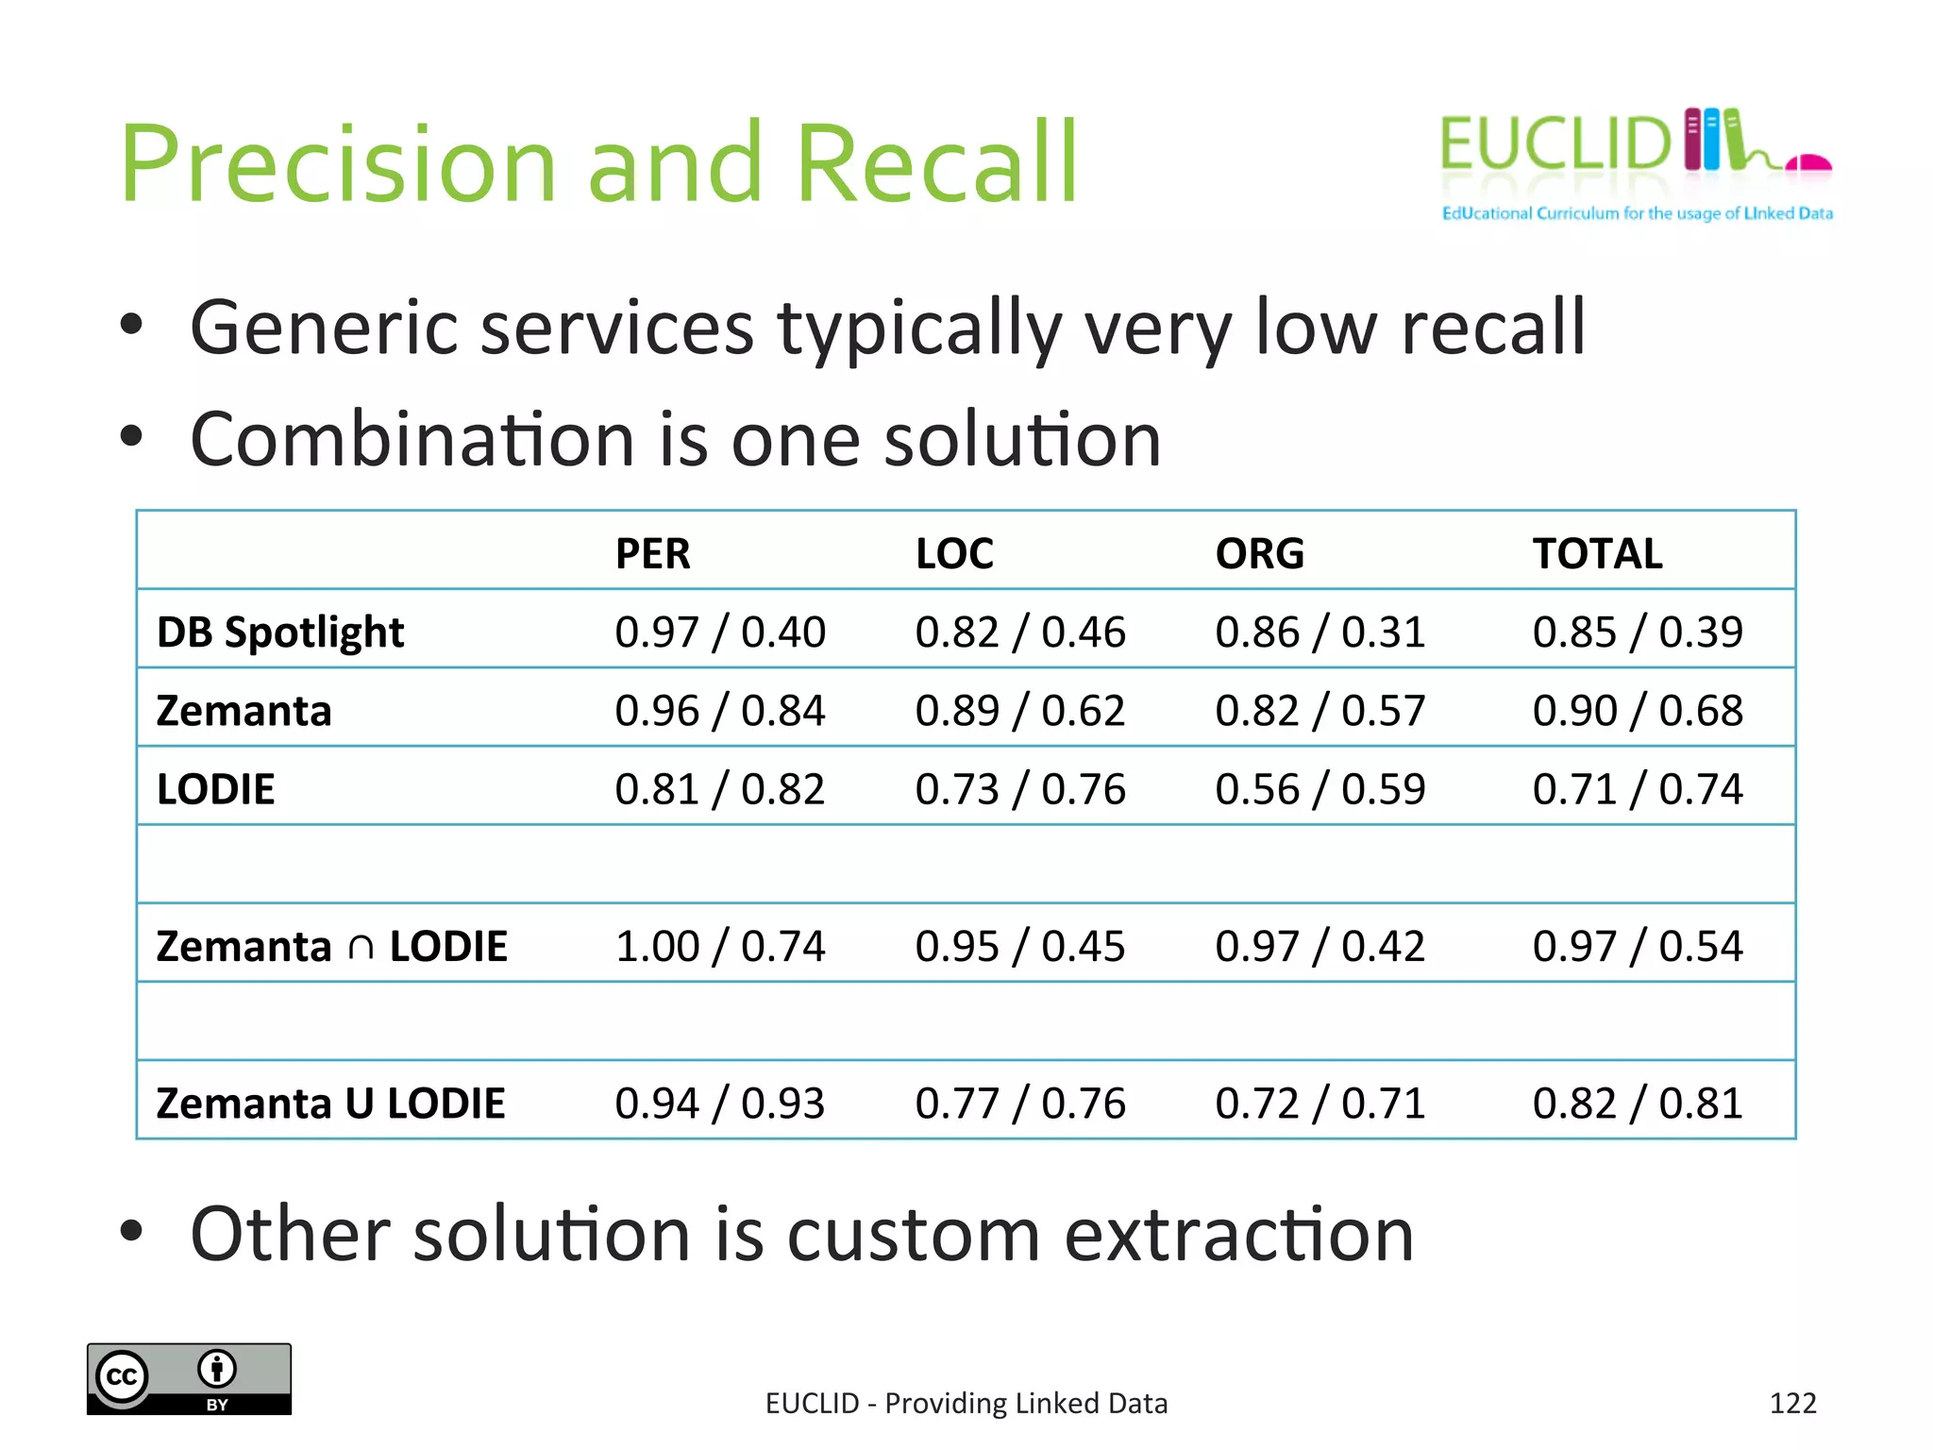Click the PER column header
[x=652, y=553]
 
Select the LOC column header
[x=954, y=553]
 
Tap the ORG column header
[x=1259, y=553]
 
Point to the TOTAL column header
[x=1597, y=553]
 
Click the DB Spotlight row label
[x=280, y=632]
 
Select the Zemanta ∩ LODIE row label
[x=331, y=946]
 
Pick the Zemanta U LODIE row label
[x=330, y=1103]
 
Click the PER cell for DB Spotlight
[x=719, y=632]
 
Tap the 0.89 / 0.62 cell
[x=1019, y=711]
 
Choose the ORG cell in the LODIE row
[x=1319, y=789]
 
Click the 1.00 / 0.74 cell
[x=719, y=946]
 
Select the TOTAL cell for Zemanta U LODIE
[x=1637, y=1103]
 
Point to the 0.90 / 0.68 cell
[x=1637, y=711]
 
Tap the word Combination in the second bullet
[x=412, y=440]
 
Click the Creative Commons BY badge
[x=189, y=1378]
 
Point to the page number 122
[x=1792, y=1403]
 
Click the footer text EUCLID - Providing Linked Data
[x=966, y=1403]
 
